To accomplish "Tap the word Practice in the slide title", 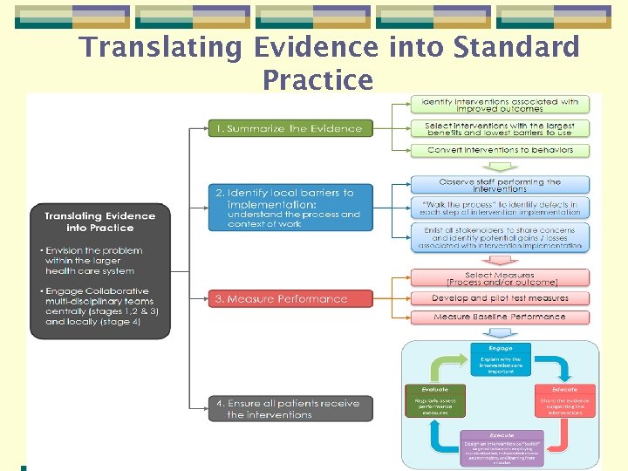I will (x=317, y=79).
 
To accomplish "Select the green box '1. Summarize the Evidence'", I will (x=290, y=128).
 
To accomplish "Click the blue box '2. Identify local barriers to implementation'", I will (x=290, y=208).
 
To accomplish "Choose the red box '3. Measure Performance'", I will (x=290, y=299).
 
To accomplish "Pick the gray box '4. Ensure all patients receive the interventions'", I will (x=290, y=409).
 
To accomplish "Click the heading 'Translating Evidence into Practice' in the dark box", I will (x=99, y=222).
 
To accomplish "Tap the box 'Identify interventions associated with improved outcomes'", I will (x=500, y=105).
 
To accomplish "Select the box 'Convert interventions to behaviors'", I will (x=500, y=150).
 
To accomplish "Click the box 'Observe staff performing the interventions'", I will (x=500, y=185).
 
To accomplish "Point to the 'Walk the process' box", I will (x=500, y=208).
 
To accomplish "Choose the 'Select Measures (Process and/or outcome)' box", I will (x=500, y=278).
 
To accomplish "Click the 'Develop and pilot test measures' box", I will (x=500, y=298).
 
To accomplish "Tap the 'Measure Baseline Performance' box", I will (x=500, y=317).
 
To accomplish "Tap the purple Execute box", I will (x=501, y=446).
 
